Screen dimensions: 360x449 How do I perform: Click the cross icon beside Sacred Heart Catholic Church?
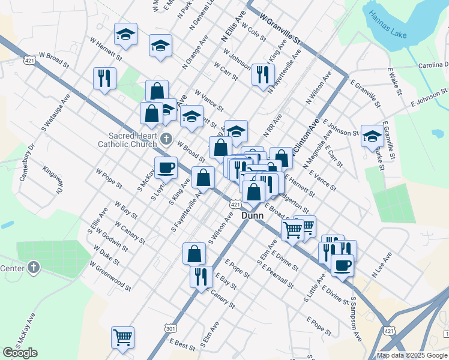coord(167,140)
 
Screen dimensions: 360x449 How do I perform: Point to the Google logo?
coord(20,353)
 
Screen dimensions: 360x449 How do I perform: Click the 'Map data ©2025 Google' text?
coord(412,355)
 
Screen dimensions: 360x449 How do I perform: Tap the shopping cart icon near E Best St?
coord(122,337)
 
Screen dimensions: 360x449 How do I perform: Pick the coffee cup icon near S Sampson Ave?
coord(343,265)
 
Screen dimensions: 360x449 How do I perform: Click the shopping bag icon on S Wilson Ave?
coord(195,253)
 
